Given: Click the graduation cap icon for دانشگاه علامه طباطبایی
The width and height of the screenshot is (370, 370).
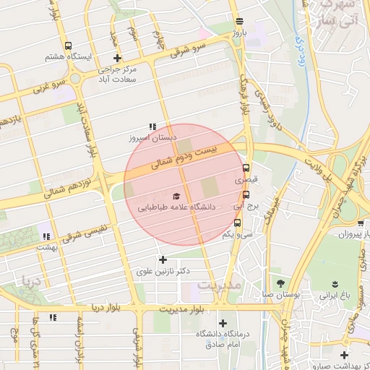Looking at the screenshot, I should pyautogui.click(x=176, y=196).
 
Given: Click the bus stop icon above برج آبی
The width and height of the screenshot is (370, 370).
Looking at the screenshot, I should pyautogui.click(x=246, y=194).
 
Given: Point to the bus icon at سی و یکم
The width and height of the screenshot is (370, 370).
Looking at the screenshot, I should pyautogui.click(x=238, y=223).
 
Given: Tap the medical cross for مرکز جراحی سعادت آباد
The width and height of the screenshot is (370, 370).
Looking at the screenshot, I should pyautogui.click(x=118, y=59).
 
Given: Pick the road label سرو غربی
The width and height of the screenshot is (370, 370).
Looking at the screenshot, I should pyautogui.click(x=48, y=87).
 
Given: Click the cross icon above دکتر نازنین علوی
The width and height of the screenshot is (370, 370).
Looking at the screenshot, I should pyautogui.click(x=163, y=259).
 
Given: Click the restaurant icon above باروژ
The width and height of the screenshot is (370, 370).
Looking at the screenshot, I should pyautogui.click(x=239, y=21).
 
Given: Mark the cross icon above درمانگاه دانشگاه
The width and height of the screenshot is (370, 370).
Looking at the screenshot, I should pyautogui.click(x=223, y=323).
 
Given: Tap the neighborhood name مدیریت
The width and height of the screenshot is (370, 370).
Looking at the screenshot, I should pyautogui.click(x=218, y=285).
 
